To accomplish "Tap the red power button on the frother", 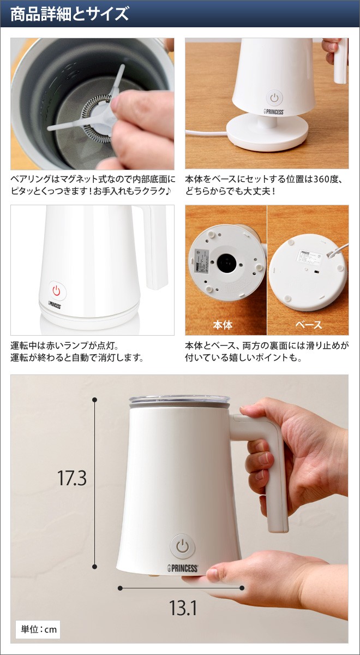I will point(56,291).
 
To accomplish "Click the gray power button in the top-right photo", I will point(274,98).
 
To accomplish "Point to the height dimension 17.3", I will point(72,478).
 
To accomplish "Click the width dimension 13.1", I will point(183,608).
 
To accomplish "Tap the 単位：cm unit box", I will point(39,629).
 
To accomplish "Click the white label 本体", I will point(223,325).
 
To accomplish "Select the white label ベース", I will point(308,325).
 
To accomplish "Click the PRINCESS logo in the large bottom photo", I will point(183,568).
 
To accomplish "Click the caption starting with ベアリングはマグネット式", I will point(92,184).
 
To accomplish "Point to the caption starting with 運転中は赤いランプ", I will point(76,352).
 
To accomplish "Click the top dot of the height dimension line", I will point(95,400).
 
